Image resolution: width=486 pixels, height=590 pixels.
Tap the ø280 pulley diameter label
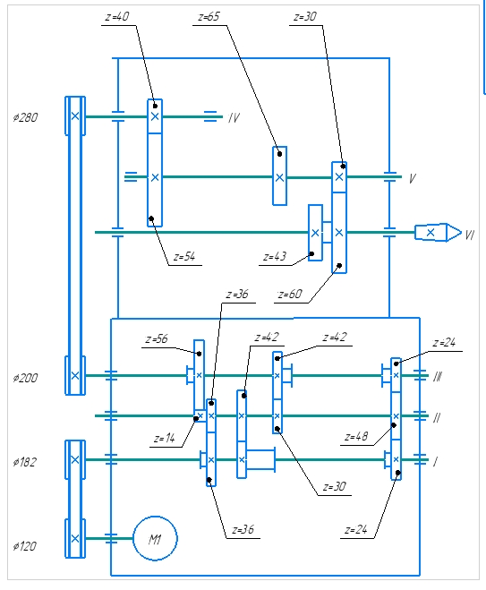coord(25,117)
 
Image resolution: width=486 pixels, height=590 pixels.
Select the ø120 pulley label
coord(25,546)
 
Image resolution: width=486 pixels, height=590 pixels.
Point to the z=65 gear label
coord(209,16)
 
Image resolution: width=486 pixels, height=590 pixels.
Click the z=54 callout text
coord(184,257)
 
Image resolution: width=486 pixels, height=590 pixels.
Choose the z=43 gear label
coord(275,257)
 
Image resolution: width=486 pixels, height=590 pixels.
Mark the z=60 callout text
coord(290,294)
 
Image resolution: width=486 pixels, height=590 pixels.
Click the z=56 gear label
coord(157,339)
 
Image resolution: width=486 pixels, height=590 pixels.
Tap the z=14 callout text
coord(165,439)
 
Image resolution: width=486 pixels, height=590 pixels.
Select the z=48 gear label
coord(356,437)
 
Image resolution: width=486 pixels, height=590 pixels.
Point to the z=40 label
coord(117,16)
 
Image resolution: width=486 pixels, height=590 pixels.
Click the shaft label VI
coord(470,235)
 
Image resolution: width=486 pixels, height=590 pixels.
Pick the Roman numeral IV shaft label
coord(234,118)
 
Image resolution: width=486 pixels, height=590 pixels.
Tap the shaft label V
coord(413,178)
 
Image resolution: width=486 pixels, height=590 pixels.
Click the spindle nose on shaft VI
coord(438,232)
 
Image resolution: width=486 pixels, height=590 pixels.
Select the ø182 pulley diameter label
coord(25,462)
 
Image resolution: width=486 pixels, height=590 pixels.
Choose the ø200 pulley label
coord(25,378)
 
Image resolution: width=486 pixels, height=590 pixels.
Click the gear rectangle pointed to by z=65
coord(279,176)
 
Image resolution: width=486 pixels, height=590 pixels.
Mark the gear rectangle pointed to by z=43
coord(316,233)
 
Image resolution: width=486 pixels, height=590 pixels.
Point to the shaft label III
coord(438,377)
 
